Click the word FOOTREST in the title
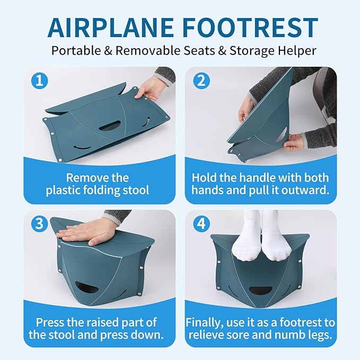pyautogui.click(x=252, y=28)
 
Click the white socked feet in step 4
pyautogui.click(x=260, y=239)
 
